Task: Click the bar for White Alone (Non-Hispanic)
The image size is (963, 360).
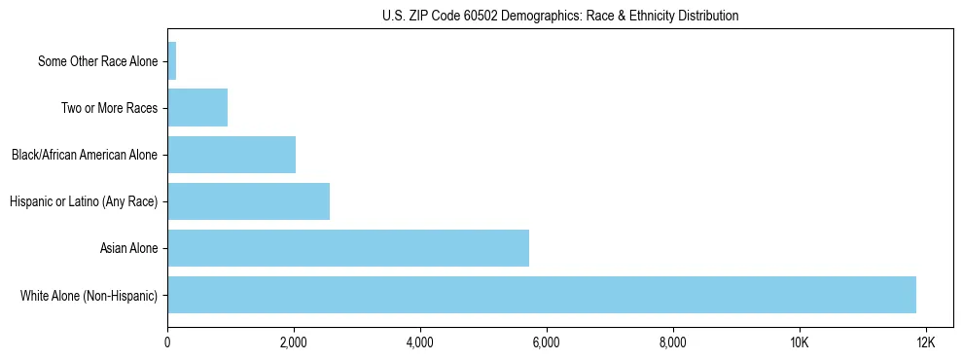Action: click(x=542, y=295)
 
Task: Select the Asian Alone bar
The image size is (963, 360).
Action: click(x=348, y=248)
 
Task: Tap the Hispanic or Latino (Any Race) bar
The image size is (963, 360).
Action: click(x=249, y=201)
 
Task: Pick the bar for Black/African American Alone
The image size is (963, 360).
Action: click(x=232, y=155)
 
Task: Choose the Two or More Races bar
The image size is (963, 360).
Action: click(x=197, y=108)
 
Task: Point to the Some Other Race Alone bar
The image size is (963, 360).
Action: click(x=172, y=61)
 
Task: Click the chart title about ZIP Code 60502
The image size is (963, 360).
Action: click(x=560, y=16)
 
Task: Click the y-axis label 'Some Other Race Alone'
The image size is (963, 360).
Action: click(x=97, y=61)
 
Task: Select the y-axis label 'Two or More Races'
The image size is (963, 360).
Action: click(x=109, y=108)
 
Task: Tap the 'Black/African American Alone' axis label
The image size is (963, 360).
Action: click(x=85, y=155)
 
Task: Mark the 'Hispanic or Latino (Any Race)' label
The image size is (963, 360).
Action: click(x=84, y=201)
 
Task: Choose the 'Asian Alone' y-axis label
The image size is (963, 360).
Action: click(x=128, y=248)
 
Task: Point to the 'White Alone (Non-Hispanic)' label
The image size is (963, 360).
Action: click(x=89, y=295)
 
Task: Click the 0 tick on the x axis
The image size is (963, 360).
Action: click(x=167, y=342)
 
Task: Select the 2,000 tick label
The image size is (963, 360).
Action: click(x=294, y=342)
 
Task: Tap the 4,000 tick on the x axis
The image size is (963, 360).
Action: click(x=420, y=342)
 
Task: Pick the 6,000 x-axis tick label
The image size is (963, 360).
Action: click(x=547, y=342)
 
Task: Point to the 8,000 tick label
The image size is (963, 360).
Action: click(x=673, y=342)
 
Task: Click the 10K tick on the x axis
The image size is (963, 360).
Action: click(x=800, y=342)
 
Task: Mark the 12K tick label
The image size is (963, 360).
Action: click(x=925, y=342)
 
